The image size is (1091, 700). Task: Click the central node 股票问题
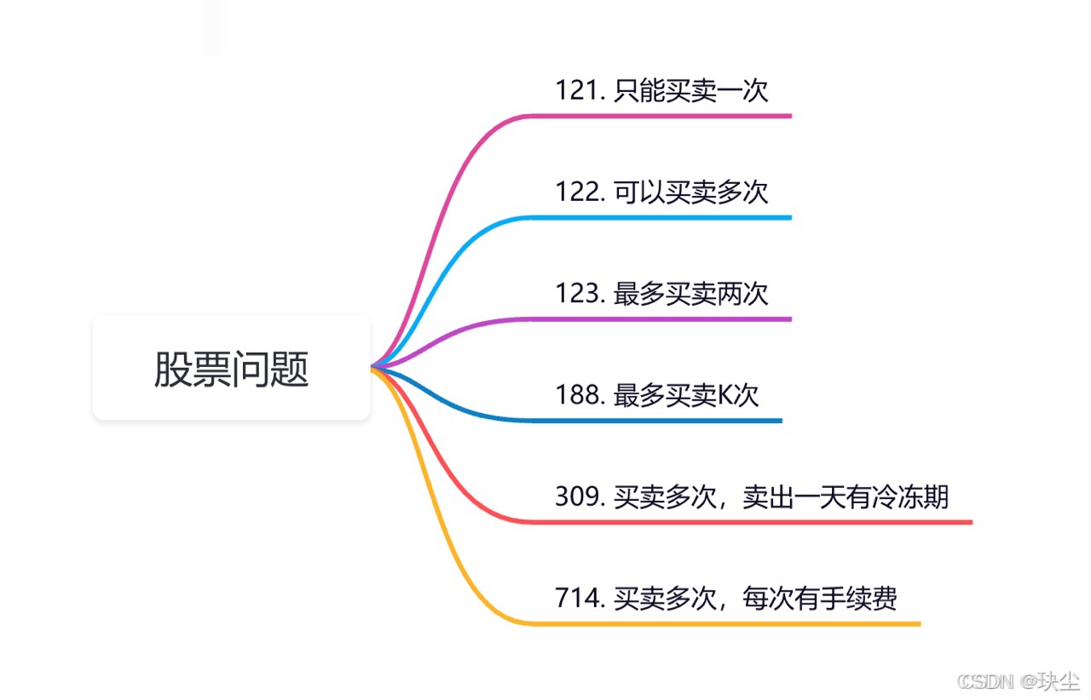coord(231,368)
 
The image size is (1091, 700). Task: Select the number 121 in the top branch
coord(577,90)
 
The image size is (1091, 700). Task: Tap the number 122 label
coord(577,192)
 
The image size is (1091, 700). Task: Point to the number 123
coord(577,294)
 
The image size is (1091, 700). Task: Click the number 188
coord(577,395)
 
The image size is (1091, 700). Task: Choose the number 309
coord(577,496)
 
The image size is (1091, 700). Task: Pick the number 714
coord(577,598)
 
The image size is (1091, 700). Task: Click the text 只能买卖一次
coord(690,90)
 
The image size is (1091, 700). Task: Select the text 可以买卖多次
coord(690,192)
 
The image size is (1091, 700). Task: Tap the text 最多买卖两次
coord(690,294)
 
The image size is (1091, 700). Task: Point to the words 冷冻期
coord(909,496)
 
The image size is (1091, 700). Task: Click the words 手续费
coord(858,598)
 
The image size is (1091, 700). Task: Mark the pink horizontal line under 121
coord(657,116)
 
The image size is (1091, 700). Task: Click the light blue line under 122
coord(657,218)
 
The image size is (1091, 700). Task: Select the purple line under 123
coord(657,319)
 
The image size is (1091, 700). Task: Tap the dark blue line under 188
coord(653,421)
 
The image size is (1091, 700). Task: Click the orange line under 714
coord(722,623)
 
